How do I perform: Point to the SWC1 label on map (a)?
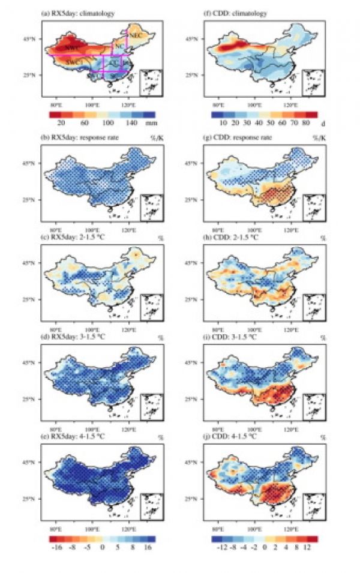pos(73,62)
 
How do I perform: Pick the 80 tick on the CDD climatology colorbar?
pos(304,122)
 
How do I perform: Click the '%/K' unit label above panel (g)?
pos(319,138)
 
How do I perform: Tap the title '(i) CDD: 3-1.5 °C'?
pos(232,338)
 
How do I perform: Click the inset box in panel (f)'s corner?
pos(313,83)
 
